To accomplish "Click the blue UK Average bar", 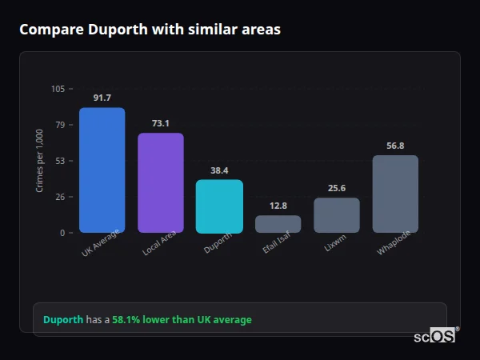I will coord(102,170).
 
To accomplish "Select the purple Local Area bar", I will coord(160,183).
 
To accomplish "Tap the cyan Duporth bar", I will coord(219,206).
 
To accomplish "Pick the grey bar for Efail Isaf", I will coord(278,224).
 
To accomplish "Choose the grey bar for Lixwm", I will coord(336,215).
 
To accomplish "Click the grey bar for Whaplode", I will coord(395,194).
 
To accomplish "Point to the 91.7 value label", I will coord(102,98).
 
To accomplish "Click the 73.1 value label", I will coord(160,123).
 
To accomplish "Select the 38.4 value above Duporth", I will coord(219,170).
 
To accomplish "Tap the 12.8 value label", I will coord(278,206).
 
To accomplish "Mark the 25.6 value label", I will coord(336,188).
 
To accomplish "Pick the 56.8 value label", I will coord(395,146).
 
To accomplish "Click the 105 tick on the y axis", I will coord(58,89).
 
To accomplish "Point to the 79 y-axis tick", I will coord(60,125).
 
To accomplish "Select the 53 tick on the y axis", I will coord(60,161).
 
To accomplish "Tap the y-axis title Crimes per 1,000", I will coord(39,161).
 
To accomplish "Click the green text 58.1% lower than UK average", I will coord(182,320).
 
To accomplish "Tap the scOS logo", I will coord(434,336).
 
